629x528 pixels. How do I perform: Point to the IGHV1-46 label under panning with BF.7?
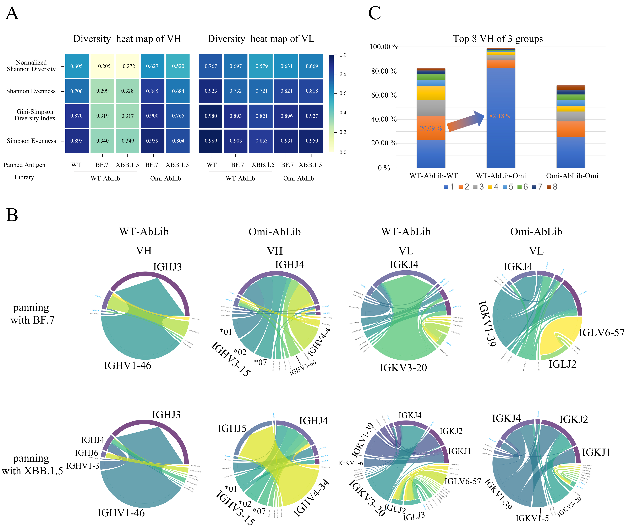click(x=128, y=366)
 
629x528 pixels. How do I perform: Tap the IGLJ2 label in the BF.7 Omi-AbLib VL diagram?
click(x=562, y=364)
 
